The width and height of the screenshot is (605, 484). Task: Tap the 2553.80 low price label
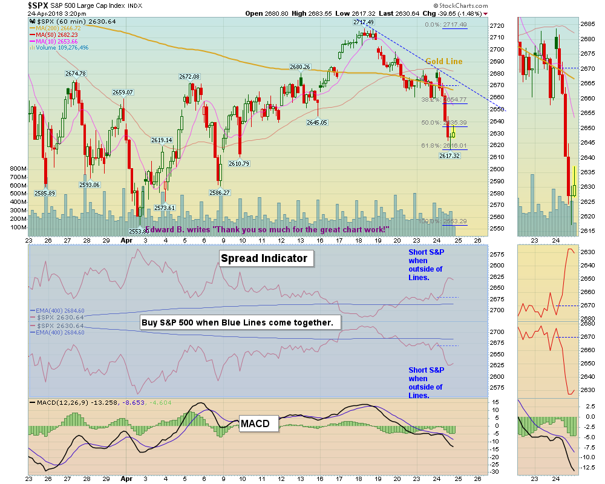click(139, 231)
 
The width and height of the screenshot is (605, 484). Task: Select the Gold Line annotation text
click(443, 62)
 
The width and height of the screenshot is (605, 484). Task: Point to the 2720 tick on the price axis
click(497, 26)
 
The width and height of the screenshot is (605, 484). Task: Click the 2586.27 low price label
click(219, 192)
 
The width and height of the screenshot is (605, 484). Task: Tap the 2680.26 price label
click(300, 67)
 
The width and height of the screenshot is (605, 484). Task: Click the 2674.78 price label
click(76, 74)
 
